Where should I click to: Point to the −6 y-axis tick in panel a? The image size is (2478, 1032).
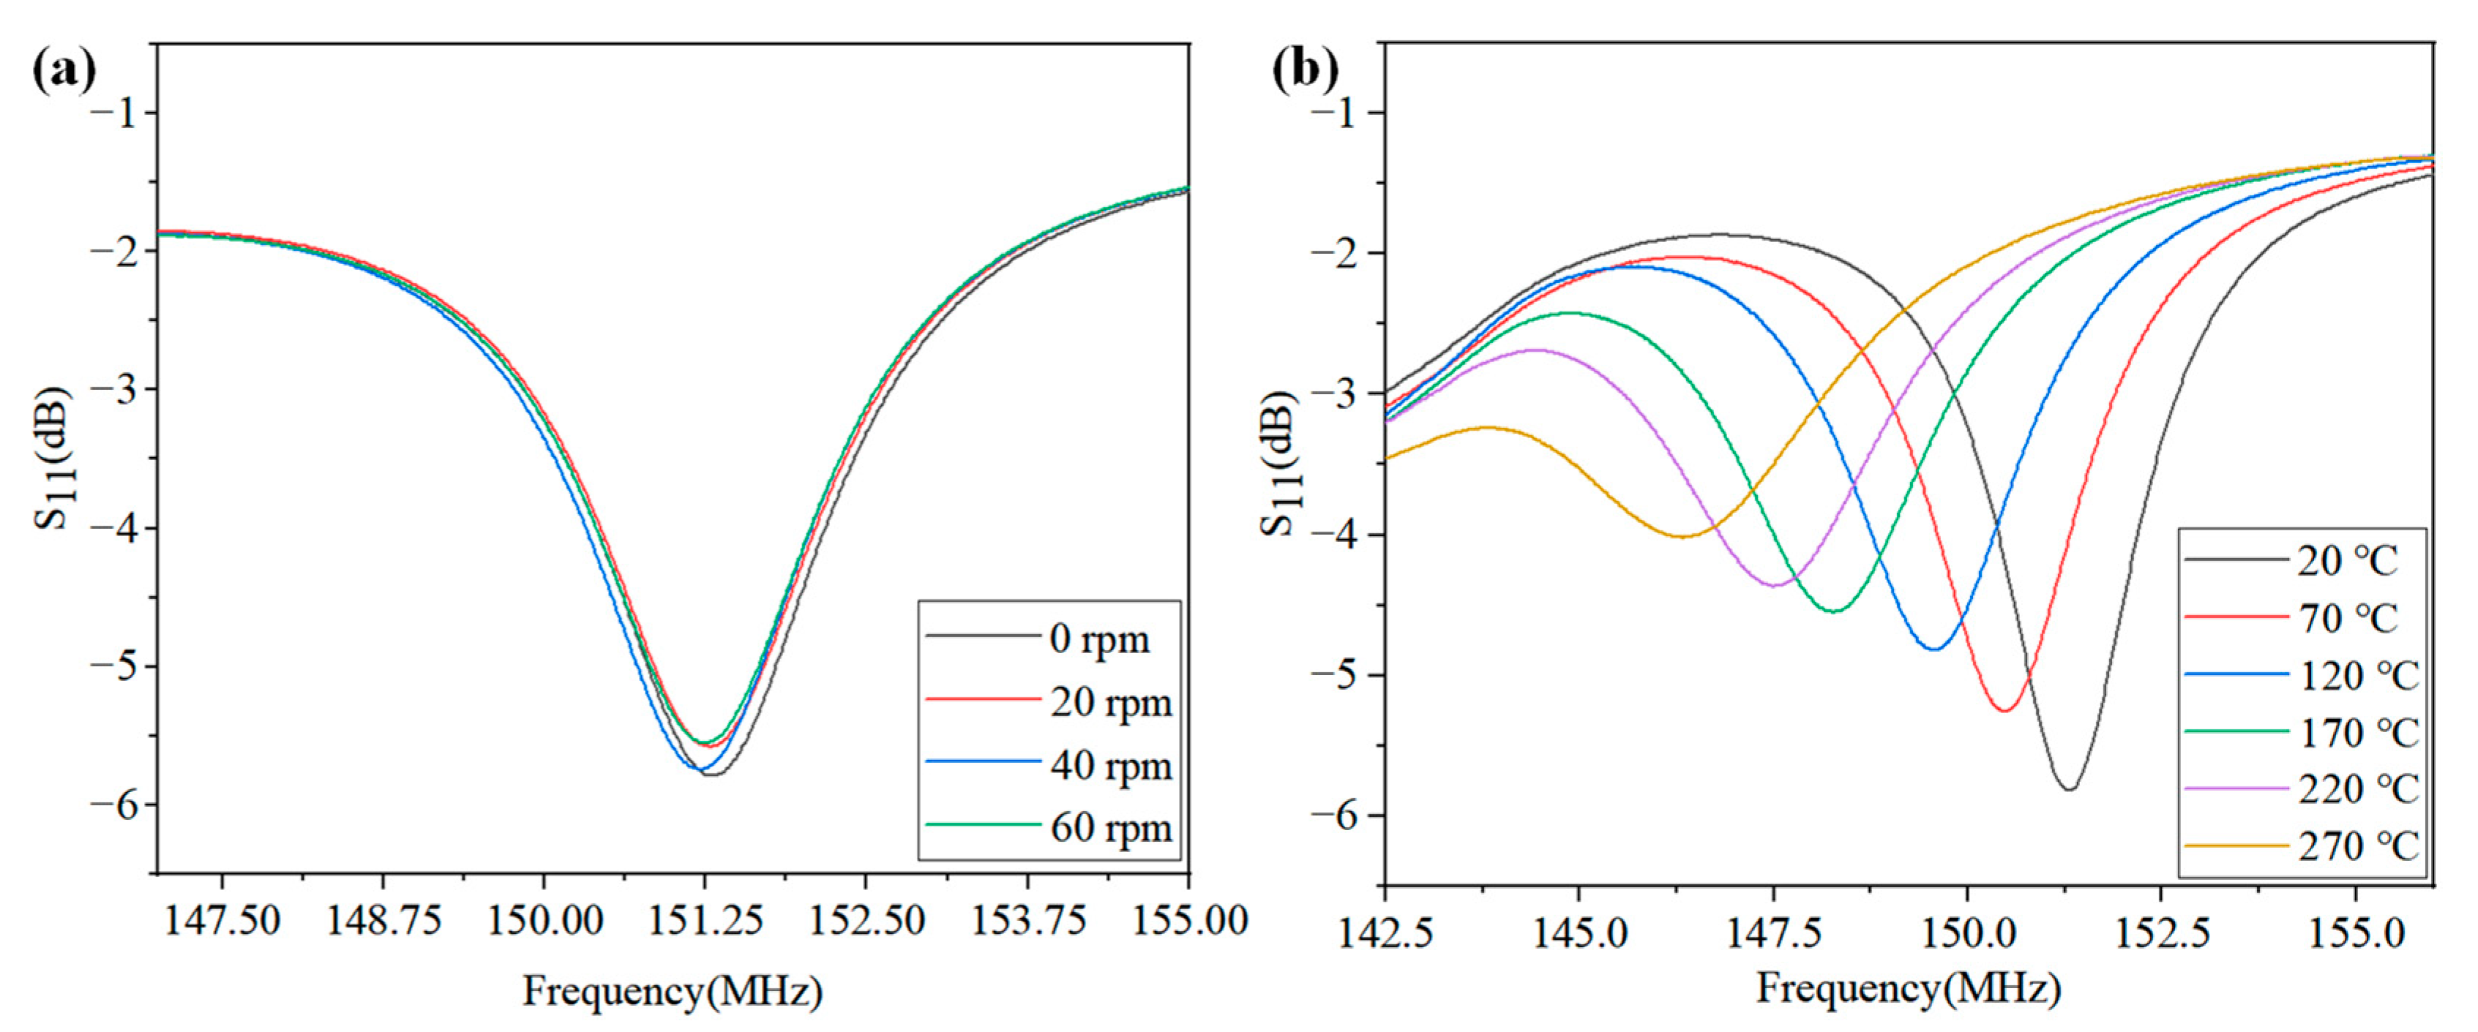tap(113, 804)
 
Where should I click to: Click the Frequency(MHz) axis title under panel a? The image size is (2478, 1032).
tap(673, 990)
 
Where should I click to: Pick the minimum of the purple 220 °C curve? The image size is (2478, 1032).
tap(1774, 586)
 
